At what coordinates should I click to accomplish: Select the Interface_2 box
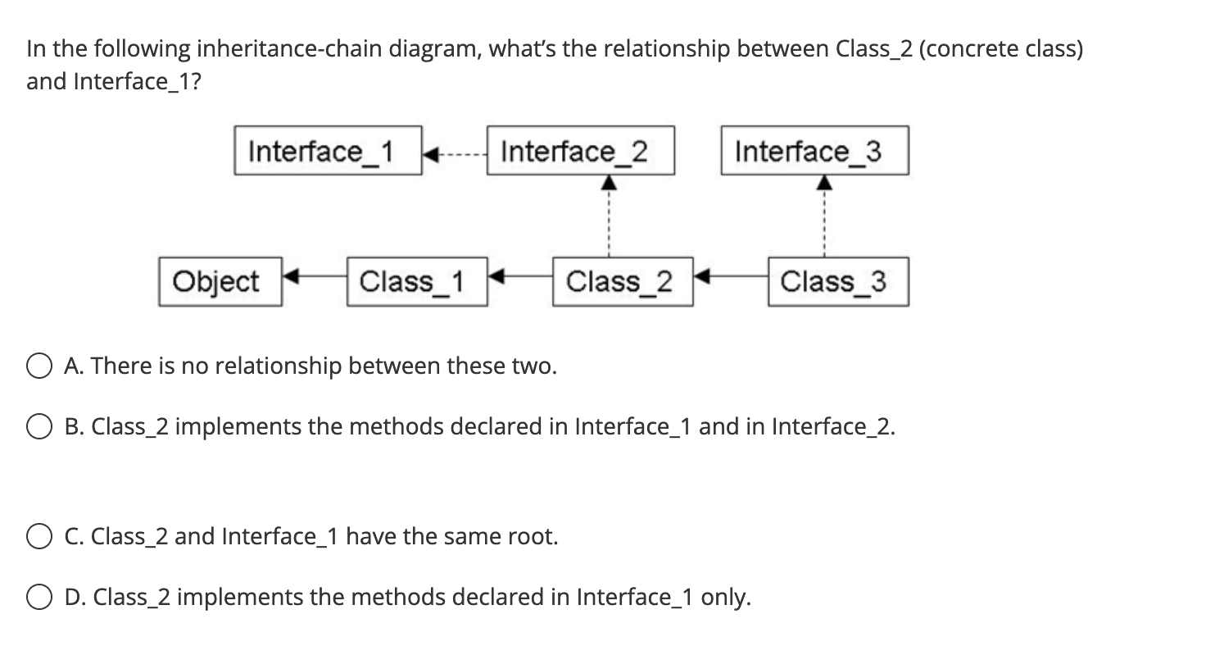581,151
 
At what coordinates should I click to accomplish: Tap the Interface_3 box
814,151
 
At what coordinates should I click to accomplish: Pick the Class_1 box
417,282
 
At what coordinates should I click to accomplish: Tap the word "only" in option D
723,598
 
